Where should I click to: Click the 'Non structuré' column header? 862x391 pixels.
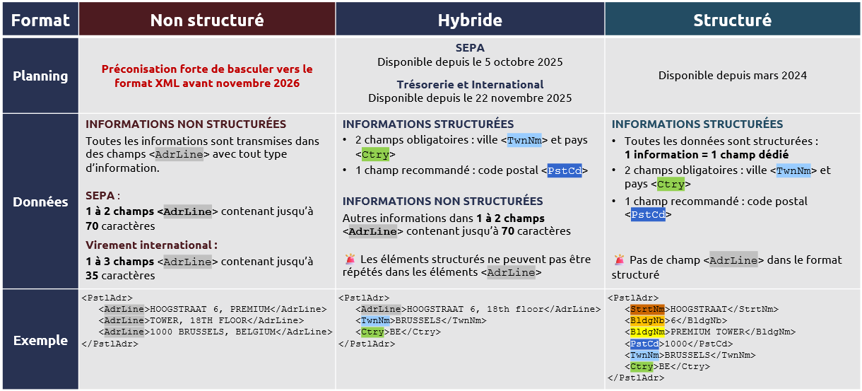pos(207,20)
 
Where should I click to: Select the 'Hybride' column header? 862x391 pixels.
pos(470,20)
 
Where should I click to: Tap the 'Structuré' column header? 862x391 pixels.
pos(732,20)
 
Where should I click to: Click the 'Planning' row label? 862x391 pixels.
pos(40,76)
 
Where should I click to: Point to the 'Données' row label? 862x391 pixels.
pos(40,202)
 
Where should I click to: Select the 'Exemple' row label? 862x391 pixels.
pos(40,341)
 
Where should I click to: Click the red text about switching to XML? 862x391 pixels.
pos(207,76)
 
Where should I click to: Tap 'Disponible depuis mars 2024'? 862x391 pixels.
pos(732,75)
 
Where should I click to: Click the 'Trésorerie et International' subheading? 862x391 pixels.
pos(470,84)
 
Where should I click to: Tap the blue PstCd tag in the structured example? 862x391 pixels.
pos(644,344)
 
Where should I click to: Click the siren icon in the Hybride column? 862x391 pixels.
pos(350,259)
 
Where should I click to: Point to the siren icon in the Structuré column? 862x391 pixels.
pos(619,260)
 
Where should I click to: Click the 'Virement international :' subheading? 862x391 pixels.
pos(151,245)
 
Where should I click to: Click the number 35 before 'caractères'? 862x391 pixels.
pos(92,276)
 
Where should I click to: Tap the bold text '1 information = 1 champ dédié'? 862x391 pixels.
pos(706,154)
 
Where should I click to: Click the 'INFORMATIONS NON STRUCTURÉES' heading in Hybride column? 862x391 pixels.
pos(442,201)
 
